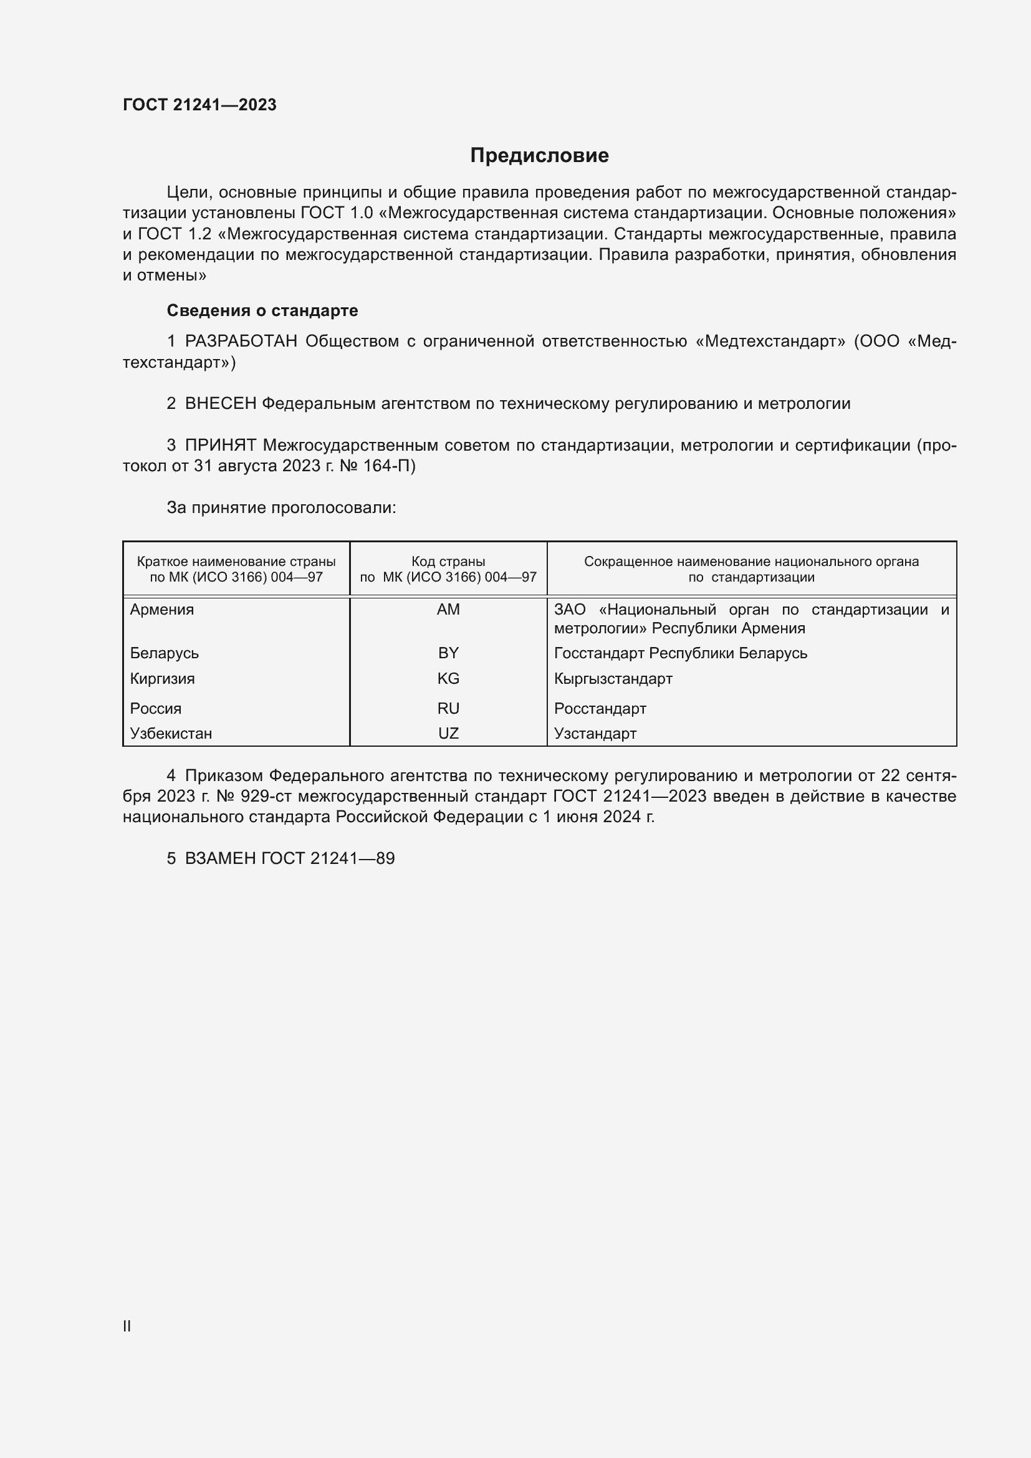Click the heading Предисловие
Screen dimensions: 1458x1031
click(x=539, y=156)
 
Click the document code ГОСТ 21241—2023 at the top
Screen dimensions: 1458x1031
click(x=199, y=105)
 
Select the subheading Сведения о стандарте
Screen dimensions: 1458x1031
click(x=262, y=310)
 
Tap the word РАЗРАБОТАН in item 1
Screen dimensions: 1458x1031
click(x=241, y=342)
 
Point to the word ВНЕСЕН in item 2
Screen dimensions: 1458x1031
click(x=220, y=404)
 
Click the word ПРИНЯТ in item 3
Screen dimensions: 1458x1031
click(x=220, y=446)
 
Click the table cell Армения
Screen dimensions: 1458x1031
click(x=162, y=610)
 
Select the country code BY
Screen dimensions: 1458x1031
click(x=448, y=653)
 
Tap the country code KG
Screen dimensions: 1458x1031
click(x=448, y=679)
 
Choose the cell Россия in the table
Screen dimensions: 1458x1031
click(x=156, y=709)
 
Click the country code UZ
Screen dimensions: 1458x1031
click(x=448, y=734)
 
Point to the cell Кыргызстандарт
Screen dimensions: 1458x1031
click(x=613, y=679)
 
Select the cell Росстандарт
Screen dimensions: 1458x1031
click(x=600, y=709)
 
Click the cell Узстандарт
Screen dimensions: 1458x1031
click(x=595, y=734)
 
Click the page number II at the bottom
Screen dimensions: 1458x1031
click(x=127, y=1326)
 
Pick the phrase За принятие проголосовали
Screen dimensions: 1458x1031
click(x=281, y=508)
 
